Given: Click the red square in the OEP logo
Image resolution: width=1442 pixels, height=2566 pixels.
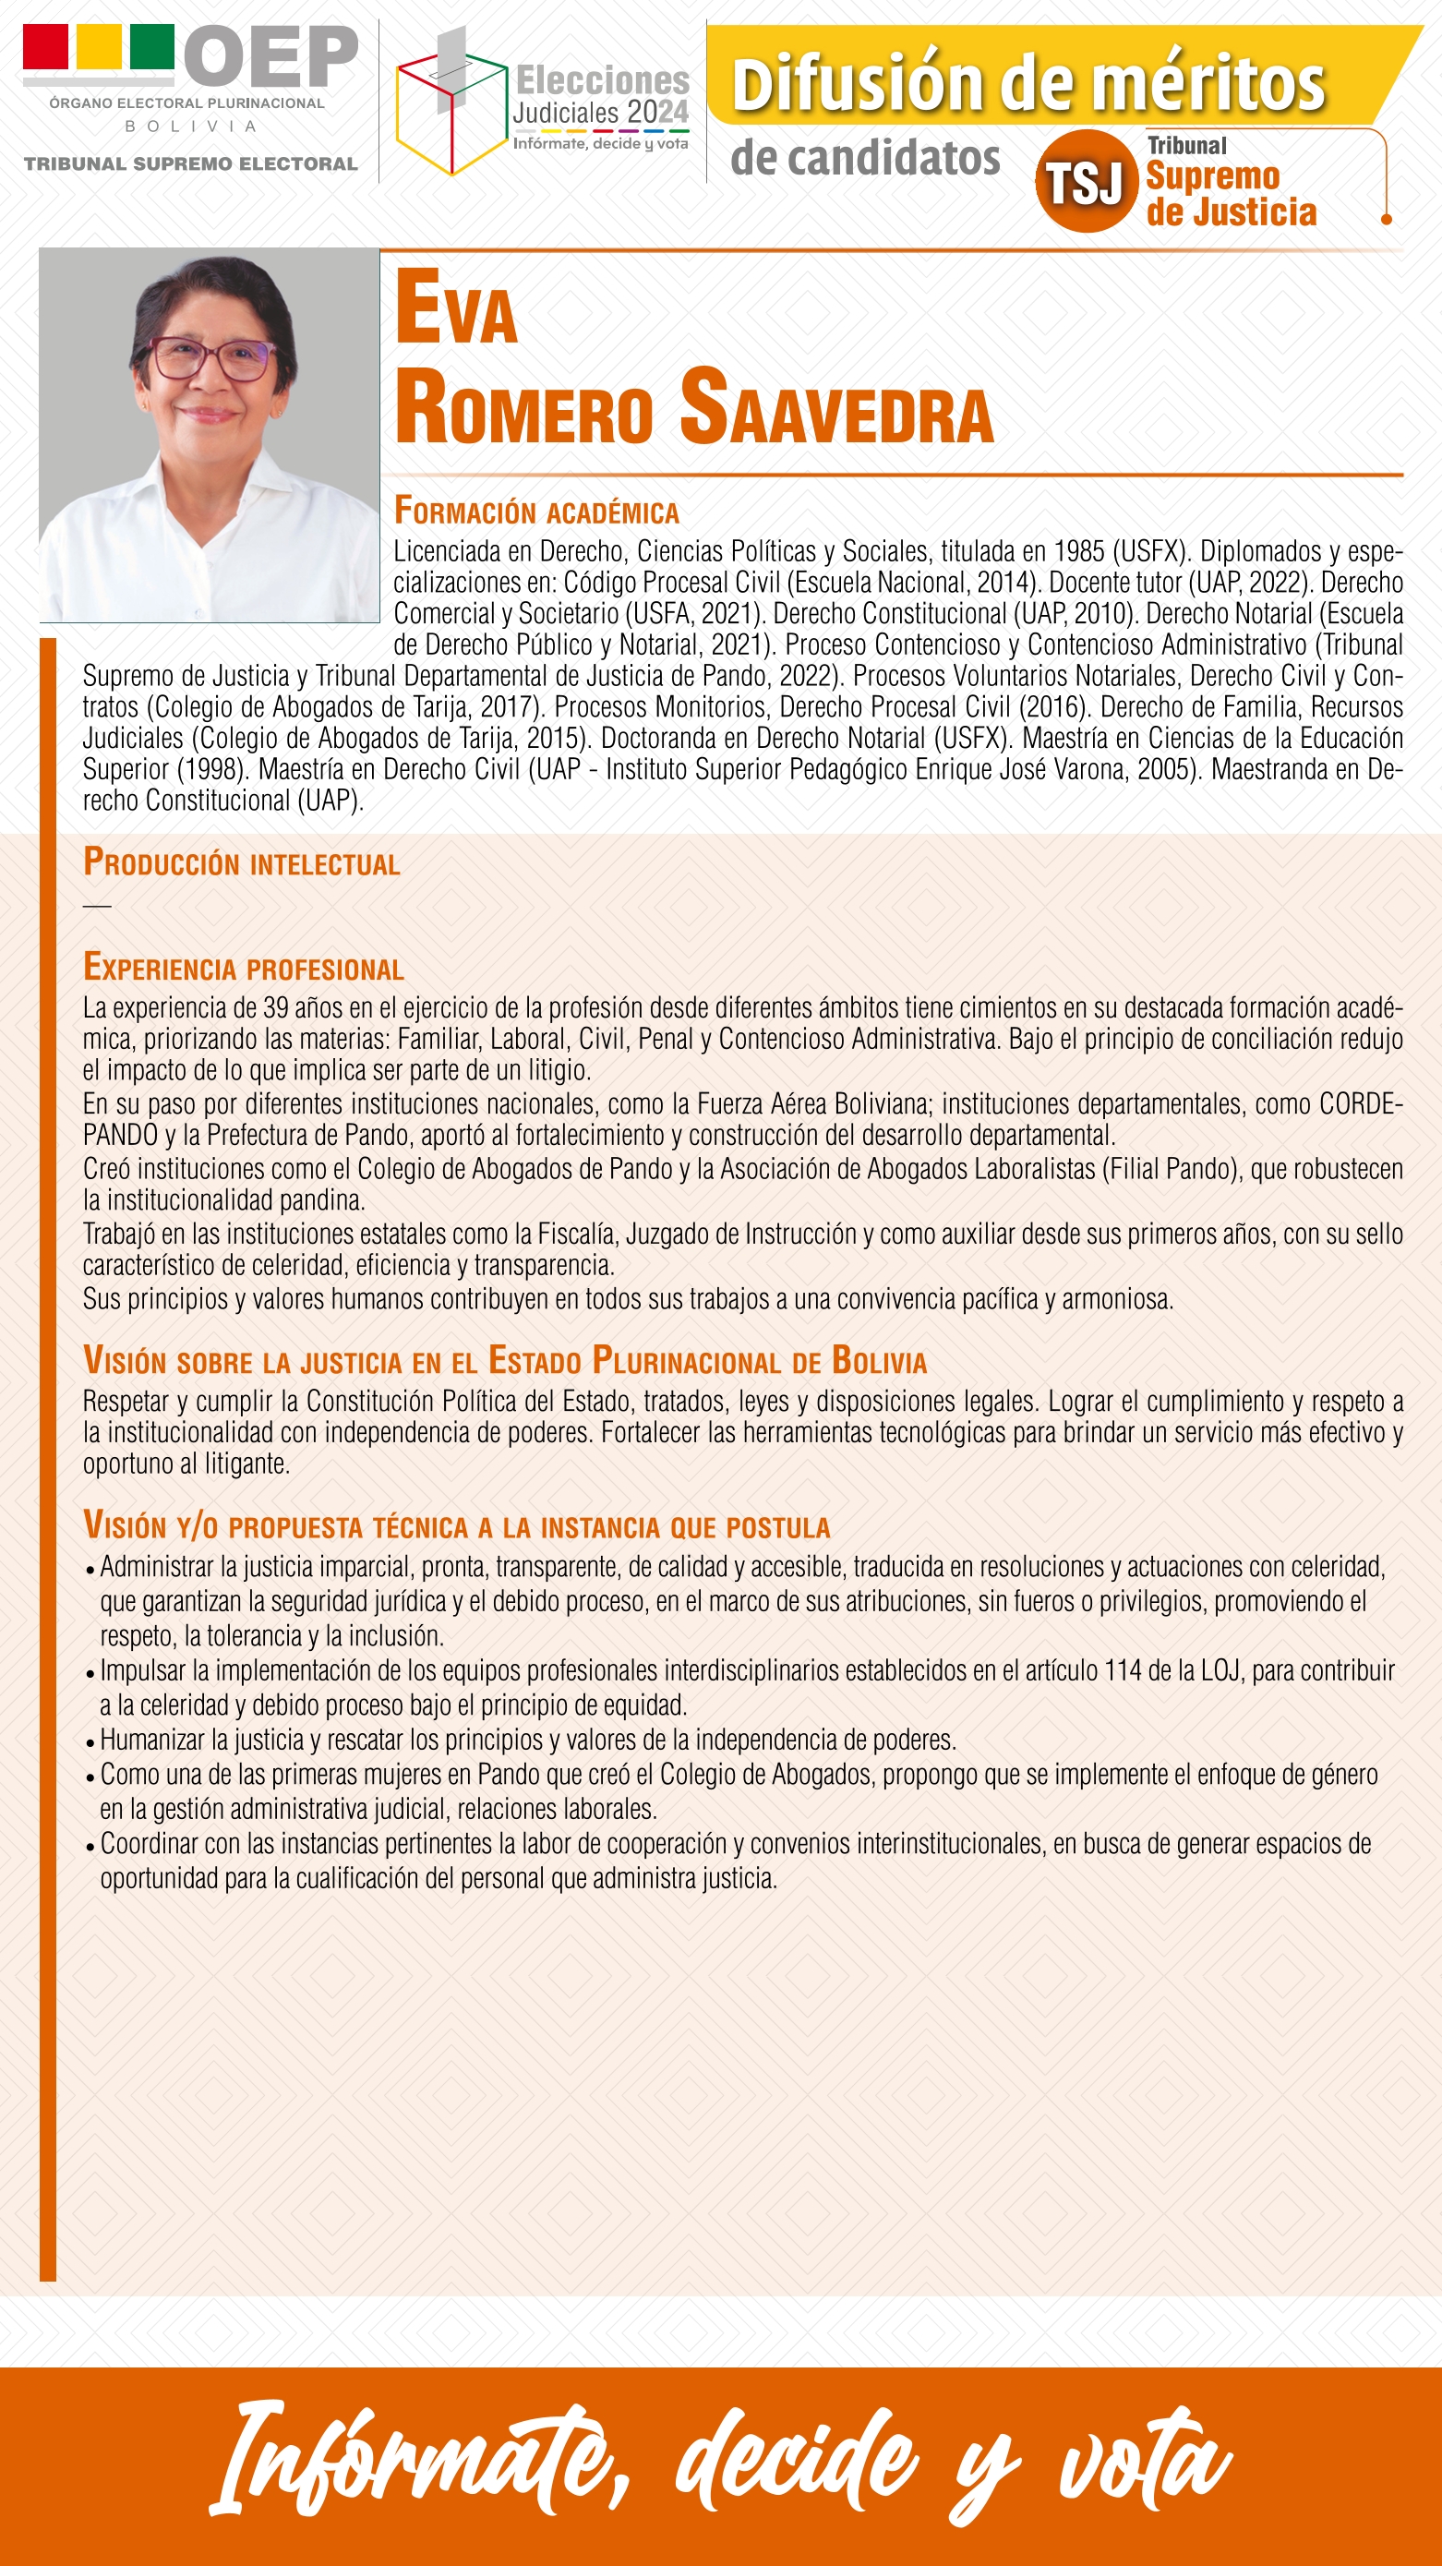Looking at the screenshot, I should (46, 47).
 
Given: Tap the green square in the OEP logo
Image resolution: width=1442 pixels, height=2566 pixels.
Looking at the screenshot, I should (152, 47).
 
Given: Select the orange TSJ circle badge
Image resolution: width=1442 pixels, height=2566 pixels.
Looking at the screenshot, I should (1086, 181).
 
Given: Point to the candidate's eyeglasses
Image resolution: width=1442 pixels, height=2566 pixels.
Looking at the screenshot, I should (213, 357).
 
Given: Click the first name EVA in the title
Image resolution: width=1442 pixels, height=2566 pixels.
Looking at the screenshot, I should (456, 308).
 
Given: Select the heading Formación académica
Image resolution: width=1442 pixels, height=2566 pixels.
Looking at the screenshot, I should (536, 511).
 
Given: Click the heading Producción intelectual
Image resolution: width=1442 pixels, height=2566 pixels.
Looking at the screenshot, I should (241, 862).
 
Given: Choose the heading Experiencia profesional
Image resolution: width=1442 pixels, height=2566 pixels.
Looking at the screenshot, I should (243, 968).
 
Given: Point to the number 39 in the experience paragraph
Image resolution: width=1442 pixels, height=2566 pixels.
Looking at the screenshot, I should (276, 1008).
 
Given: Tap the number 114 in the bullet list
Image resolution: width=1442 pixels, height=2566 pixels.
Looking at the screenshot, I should (1122, 1670).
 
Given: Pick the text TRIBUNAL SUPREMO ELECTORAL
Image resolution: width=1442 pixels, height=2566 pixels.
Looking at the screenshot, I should (190, 164).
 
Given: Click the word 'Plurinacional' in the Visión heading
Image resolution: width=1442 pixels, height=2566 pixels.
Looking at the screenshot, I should (687, 1362).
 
